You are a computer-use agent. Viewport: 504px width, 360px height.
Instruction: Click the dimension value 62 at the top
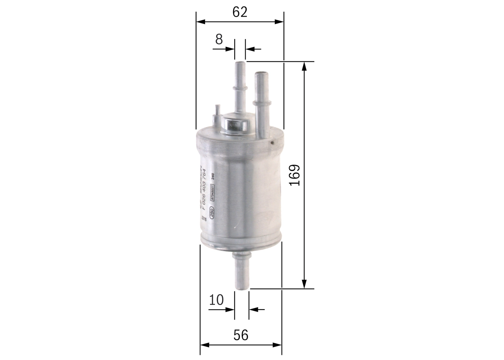pyautogui.click(x=239, y=12)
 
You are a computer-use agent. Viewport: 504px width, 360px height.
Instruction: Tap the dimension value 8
pyautogui.click(x=219, y=39)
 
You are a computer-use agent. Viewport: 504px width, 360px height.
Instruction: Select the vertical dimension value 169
pyautogui.click(x=294, y=175)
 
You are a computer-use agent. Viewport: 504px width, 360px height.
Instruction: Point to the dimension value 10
pyautogui.click(x=216, y=300)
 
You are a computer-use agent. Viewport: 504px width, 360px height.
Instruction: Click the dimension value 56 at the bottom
pyautogui.click(x=241, y=335)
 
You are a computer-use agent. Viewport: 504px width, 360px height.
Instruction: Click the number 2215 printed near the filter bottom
pyautogui.click(x=204, y=218)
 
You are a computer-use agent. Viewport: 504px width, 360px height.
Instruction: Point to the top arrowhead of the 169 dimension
pyautogui.click(x=304, y=66)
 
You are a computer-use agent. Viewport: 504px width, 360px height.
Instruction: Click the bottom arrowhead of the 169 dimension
pyautogui.click(x=304, y=284)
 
